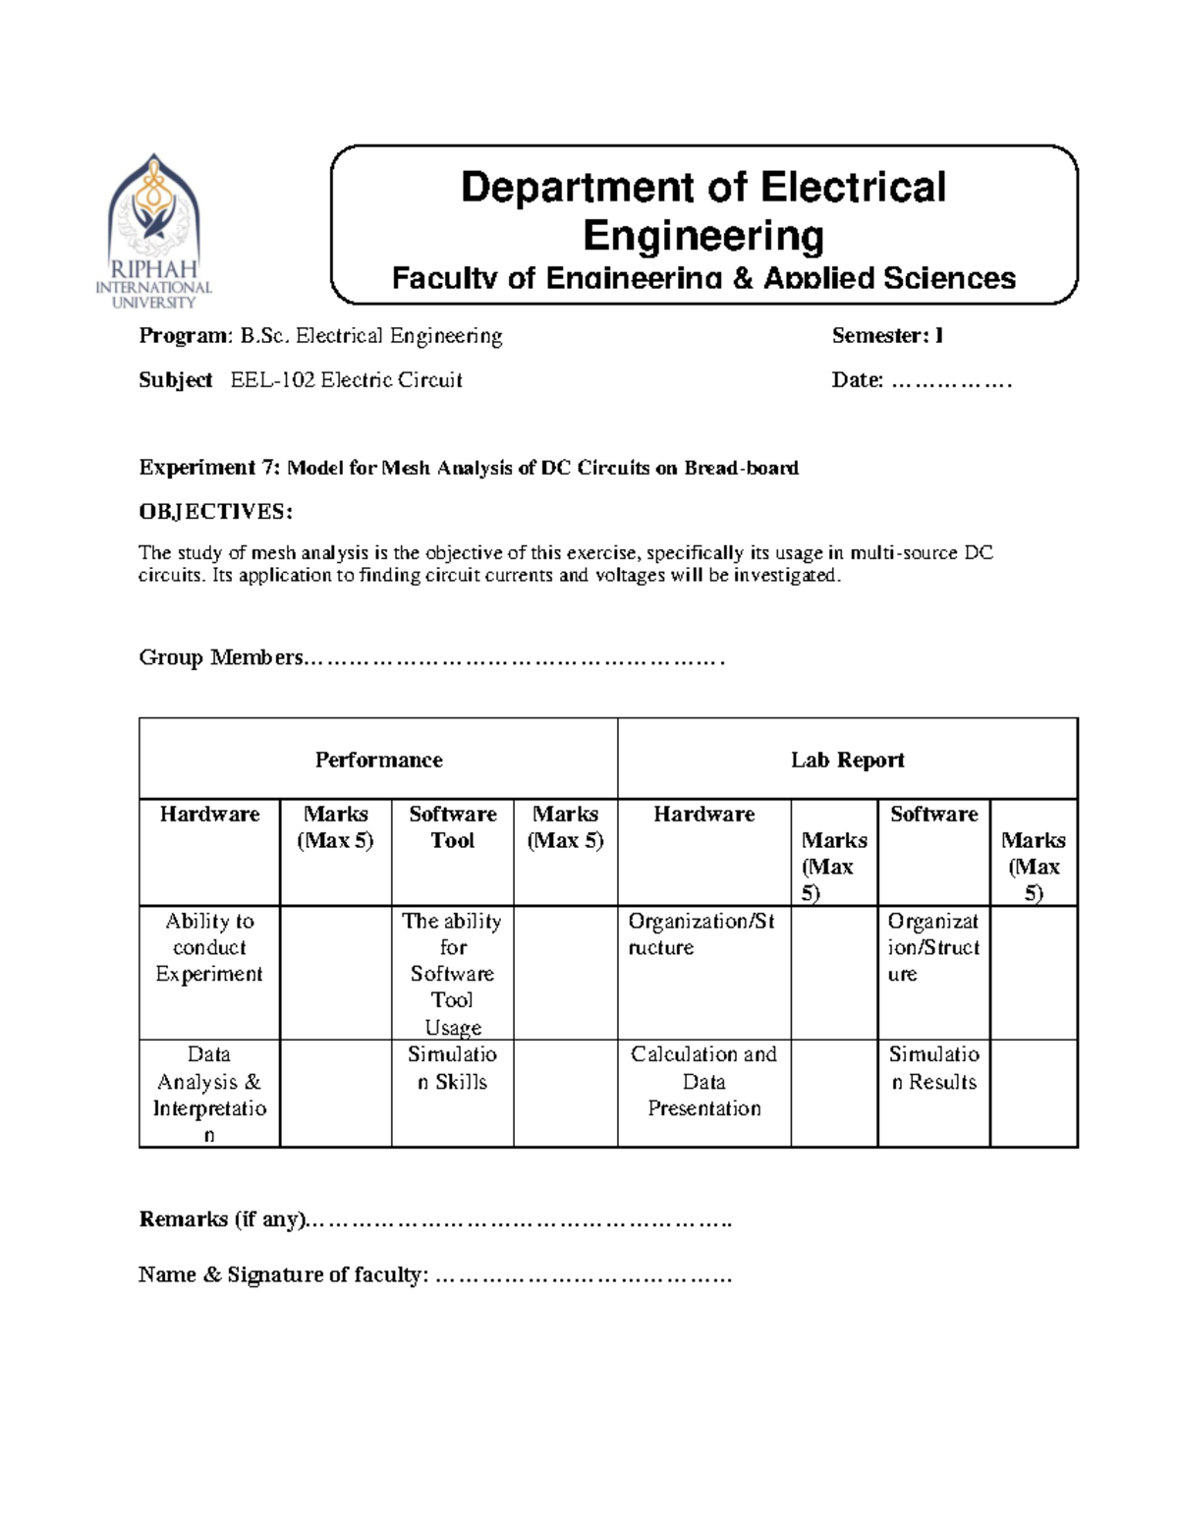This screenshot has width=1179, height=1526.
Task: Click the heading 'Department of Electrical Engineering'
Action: [702, 211]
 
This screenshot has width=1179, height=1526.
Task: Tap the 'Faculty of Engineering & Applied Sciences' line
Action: [703, 279]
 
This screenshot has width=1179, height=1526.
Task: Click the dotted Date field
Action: [950, 381]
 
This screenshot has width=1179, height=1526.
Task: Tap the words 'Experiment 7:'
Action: [209, 468]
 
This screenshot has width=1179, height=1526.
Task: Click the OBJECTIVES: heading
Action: [215, 512]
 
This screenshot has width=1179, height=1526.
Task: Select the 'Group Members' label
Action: [221, 657]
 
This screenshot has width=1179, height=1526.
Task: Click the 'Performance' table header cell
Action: [378, 760]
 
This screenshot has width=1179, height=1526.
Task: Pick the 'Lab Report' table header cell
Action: [847, 760]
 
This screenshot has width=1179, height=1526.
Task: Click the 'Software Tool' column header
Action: [452, 827]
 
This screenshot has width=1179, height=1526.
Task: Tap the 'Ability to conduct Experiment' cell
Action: [209, 947]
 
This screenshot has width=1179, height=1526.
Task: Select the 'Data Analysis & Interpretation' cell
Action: [209, 1094]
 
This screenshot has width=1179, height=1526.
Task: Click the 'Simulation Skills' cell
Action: [452, 1068]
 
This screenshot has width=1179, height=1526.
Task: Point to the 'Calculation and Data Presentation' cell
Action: [703, 1081]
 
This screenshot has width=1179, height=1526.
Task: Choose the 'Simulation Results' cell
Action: [933, 1068]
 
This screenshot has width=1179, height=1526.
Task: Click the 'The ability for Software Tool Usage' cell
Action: [452, 974]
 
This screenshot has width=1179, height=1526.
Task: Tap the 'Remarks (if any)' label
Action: [223, 1219]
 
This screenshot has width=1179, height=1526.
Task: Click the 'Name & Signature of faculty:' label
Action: [283, 1275]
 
